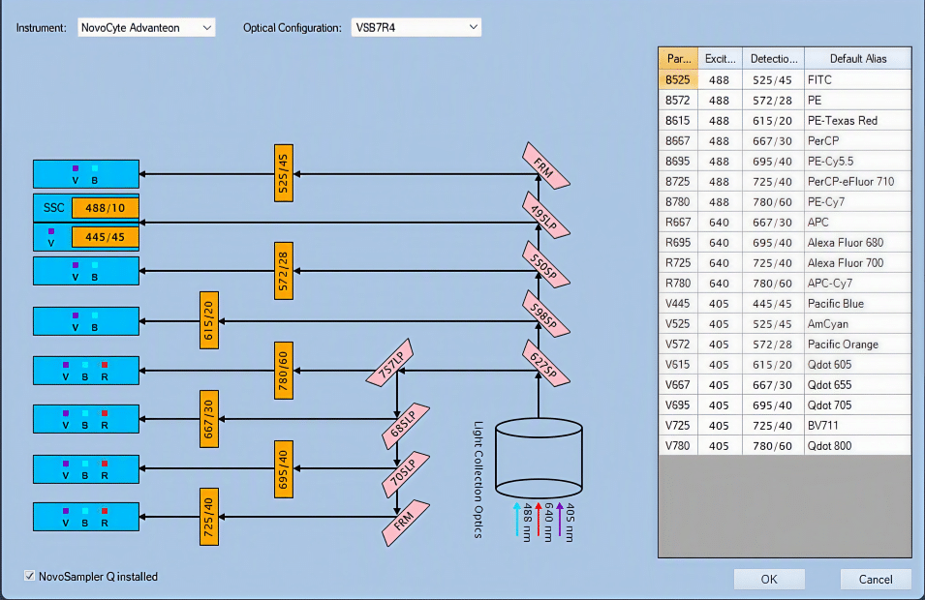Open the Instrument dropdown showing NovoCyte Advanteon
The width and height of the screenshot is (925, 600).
click(146, 28)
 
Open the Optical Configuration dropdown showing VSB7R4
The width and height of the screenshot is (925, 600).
click(416, 28)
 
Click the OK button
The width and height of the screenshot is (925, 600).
click(769, 579)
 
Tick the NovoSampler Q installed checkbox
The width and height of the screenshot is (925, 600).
click(29, 576)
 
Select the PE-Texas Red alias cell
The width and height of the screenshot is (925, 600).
click(858, 120)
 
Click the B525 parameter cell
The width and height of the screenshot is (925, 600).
click(678, 79)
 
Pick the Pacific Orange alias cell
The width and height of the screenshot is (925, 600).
click(858, 345)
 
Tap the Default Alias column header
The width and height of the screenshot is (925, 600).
click(858, 58)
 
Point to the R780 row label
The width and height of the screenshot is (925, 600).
click(678, 283)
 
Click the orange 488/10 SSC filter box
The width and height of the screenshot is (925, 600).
click(105, 207)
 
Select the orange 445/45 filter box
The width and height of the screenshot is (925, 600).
click(105, 237)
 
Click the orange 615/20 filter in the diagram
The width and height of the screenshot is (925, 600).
click(209, 320)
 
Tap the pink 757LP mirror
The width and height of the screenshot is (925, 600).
click(389, 363)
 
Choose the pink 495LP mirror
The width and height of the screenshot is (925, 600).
click(546, 216)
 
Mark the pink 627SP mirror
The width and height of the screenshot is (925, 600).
click(546, 364)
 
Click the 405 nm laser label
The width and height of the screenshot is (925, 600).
click(569, 523)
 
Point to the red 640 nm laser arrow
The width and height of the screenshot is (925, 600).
click(538, 520)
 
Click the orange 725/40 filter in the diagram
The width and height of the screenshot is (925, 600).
click(209, 517)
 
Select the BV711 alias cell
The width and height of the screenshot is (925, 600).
click(858, 426)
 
